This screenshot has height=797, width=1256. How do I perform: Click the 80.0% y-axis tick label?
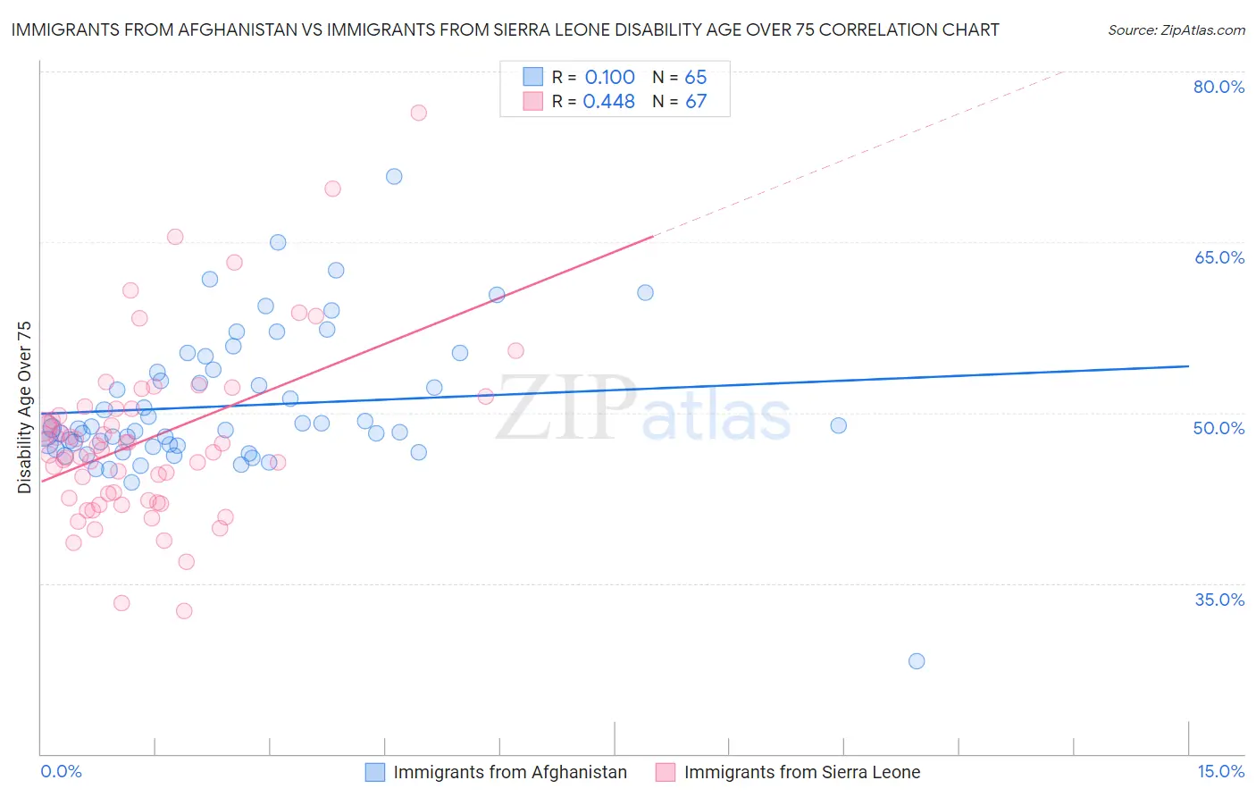click(x=1218, y=87)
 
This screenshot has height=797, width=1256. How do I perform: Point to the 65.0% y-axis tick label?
click(x=1218, y=257)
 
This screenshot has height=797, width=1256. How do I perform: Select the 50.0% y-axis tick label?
click(x=1218, y=428)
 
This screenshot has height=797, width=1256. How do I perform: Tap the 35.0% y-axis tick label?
click(x=1218, y=600)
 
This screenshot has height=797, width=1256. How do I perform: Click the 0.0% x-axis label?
click(x=61, y=771)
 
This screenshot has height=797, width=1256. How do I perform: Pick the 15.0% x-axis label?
click(x=1220, y=771)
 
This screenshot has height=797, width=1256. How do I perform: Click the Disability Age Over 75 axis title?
click(x=24, y=407)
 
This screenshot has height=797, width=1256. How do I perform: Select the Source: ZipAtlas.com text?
click(x=1176, y=30)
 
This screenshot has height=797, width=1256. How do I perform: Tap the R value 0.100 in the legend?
click(x=609, y=78)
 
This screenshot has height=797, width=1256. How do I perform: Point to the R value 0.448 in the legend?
click(x=608, y=102)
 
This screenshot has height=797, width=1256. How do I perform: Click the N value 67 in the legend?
click(x=696, y=102)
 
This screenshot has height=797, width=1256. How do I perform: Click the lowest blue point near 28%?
click(x=917, y=661)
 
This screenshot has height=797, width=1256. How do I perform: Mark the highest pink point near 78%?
click(x=418, y=113)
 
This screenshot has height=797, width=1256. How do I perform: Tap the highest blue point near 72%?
click(x=394, y=176)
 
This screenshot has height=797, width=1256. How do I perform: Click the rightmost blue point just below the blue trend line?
click(x=838, y=425)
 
